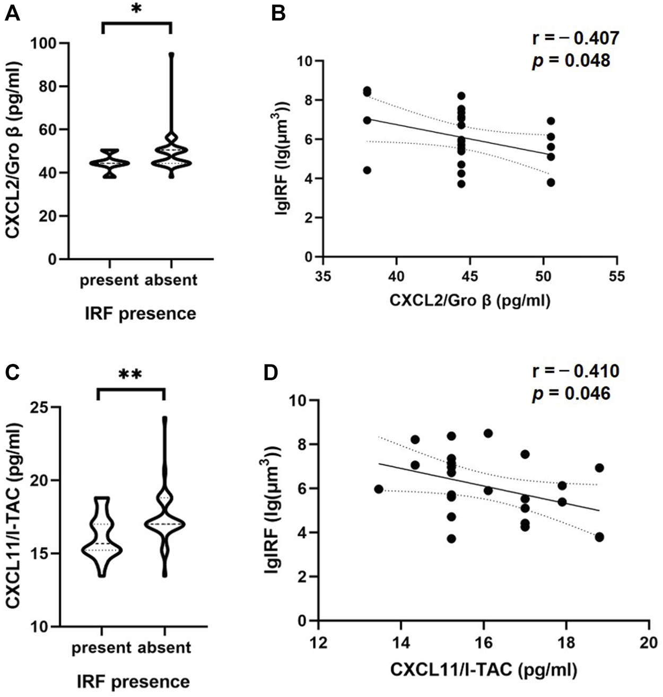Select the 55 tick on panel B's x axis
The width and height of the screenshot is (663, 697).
[x=616, y=277]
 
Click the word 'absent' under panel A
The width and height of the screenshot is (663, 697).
[x=170, y=280]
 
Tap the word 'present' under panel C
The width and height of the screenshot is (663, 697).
[x=101, y=647]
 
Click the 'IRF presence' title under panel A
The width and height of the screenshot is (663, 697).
[x=140, y=313]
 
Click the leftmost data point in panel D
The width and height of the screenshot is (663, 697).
[x=379, y=489]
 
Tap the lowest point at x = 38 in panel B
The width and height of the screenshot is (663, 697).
[x=367, y=170]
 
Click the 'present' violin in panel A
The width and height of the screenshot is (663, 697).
[x=109, y=163]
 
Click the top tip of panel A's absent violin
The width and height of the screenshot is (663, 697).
[x=171, y=55]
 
